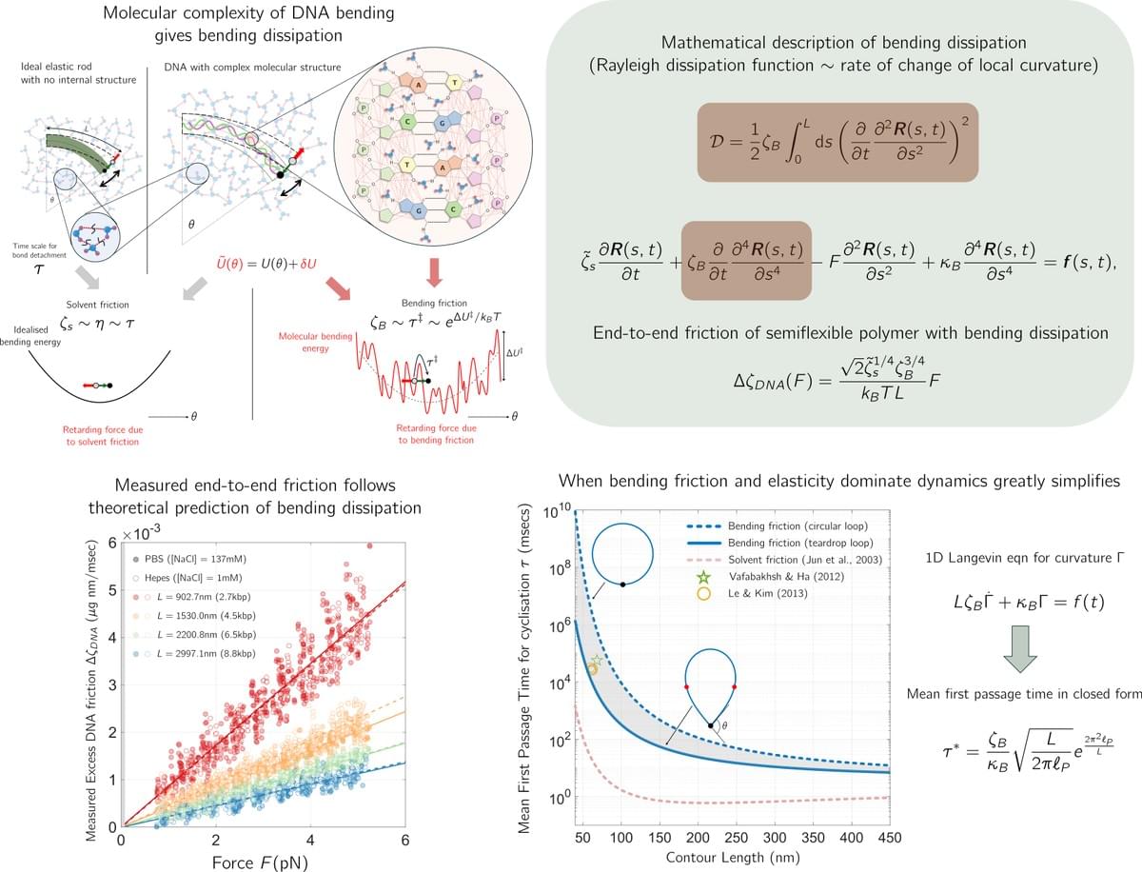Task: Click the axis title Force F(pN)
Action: (x=263, y=859)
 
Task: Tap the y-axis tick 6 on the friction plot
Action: (x=110, y=543)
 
